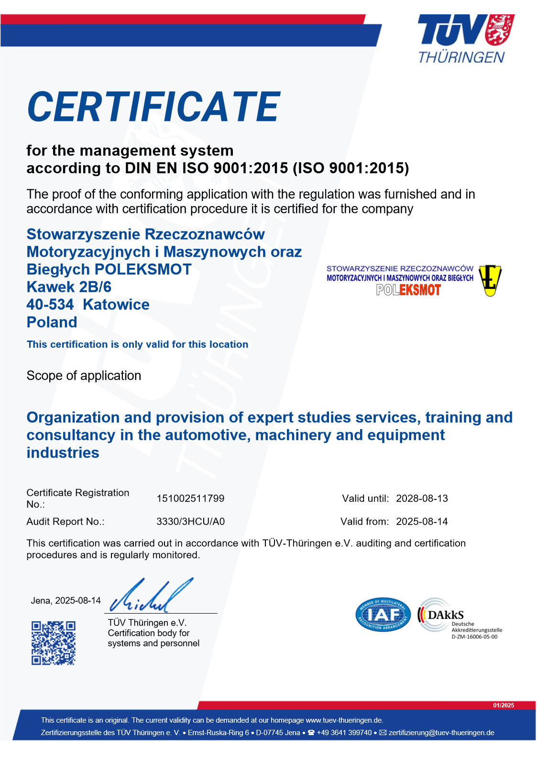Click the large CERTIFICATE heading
click(153, 107)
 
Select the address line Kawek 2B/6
click(69, 287)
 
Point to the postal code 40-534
click(50, 305)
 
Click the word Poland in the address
click(52, 322)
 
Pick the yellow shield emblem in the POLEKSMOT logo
click(490, 280)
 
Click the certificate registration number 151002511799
click(190, 498)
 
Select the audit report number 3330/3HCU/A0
click(190, 521)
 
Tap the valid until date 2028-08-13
click(422, 498)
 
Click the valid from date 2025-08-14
click(422, 521)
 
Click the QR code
click(54, 643)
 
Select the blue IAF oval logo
click(383, 615)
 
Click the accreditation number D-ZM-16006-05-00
click(474, 637)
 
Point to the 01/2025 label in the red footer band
click(504, 705)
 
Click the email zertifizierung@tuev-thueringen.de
click(441, 733)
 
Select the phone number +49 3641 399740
click(344, 733)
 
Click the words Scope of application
click(84, 375)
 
